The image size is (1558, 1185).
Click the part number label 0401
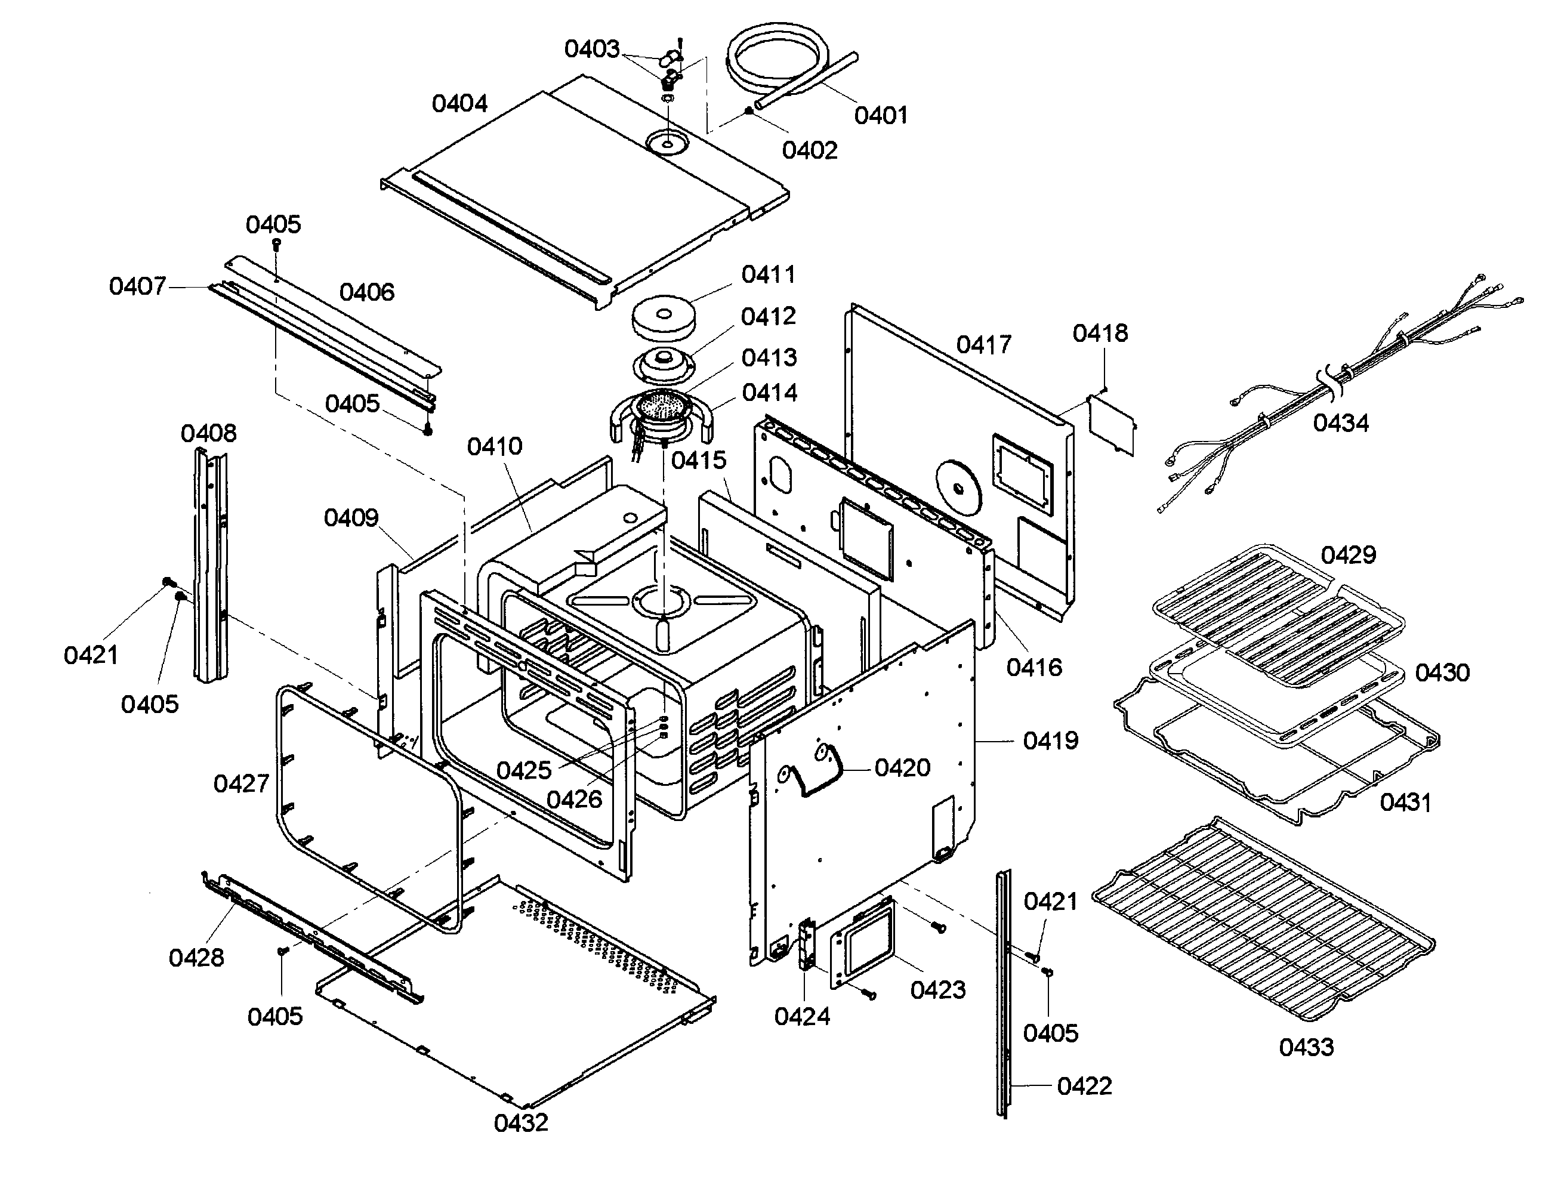point(880,115)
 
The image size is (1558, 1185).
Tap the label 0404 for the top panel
point(459,104)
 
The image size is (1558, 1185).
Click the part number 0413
point(769,357)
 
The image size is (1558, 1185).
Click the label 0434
point(1340,423)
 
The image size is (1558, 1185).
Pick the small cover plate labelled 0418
point(1112,425)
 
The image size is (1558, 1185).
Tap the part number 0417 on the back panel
point(983,345)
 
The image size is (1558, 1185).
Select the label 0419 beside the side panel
point(1050,740)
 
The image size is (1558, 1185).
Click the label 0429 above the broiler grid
point(1348,555)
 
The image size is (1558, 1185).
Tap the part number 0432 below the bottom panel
point(520,1122)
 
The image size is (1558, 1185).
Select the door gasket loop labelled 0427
point(367,804)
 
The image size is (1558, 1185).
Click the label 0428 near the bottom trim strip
point(196,957)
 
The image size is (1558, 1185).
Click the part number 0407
point(137,286)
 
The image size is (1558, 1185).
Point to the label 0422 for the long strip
point(1084,1085)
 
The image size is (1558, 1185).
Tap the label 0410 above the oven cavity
point(495,446)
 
